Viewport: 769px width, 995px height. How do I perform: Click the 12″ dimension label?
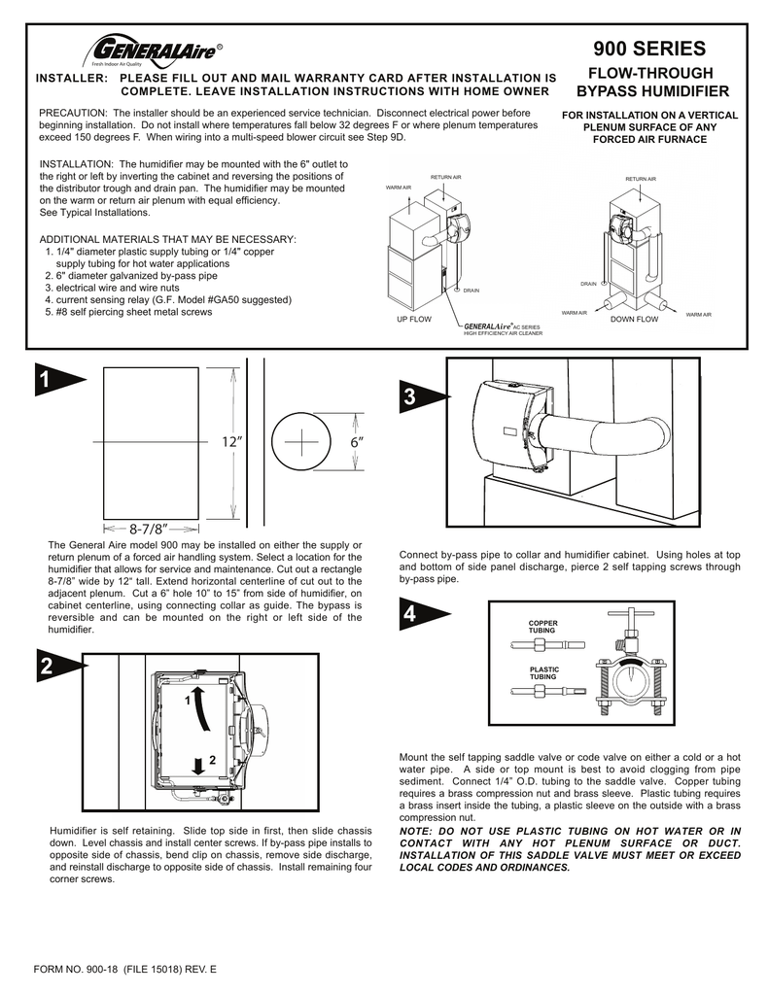pyautogui.click(x=230, y=443)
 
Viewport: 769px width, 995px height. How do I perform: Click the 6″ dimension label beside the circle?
pyautogui.click(x=357, y=443)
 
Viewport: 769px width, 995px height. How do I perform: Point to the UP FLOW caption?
pyautogui.click(x=413, y=319)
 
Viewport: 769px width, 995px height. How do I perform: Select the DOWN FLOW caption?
pyautogui.click(x=633, y=319)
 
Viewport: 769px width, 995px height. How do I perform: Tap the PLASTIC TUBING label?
pyautogui.click(x=542, y=673)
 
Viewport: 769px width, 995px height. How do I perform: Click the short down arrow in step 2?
pyautogui.click(x=198, y=765)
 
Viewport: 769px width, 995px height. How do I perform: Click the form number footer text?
pyautogui.click(x=125, y=971)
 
